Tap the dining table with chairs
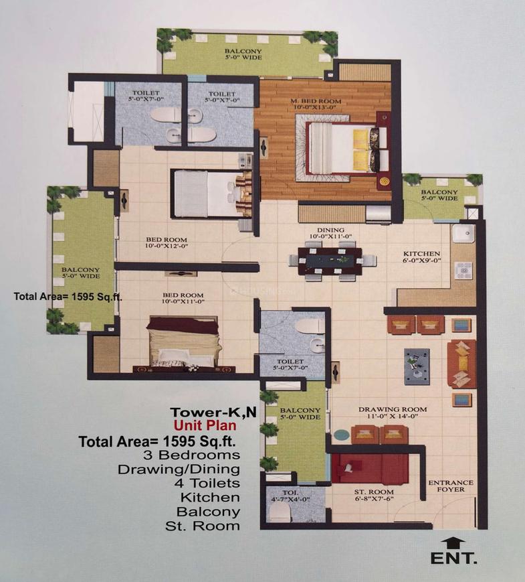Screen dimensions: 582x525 328,261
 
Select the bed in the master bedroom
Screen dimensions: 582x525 344,148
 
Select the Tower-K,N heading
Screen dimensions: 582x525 203,413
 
